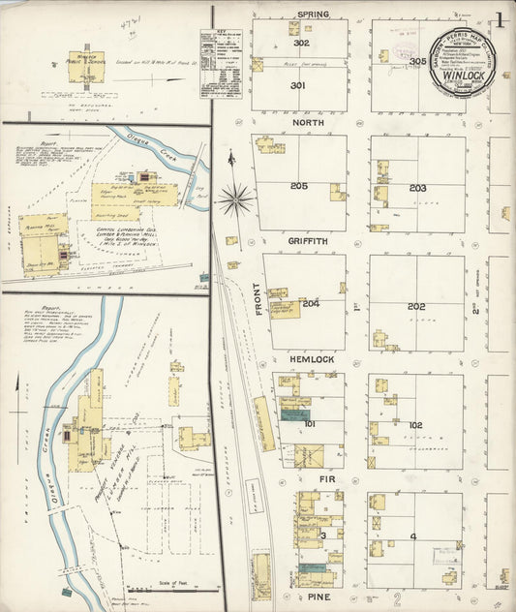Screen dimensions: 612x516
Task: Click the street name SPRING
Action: point(313,15)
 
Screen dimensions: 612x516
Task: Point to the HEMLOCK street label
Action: point(312,360)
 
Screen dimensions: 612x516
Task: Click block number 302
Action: point(301,44)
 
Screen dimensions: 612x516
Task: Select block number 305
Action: point(417,61)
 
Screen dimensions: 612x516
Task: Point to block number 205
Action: point(299,185)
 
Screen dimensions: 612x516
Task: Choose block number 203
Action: point(417,188)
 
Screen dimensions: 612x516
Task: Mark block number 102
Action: point(415,424)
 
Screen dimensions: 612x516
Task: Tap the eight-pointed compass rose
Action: point(233,199)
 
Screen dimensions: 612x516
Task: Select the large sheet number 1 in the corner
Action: point(501,18)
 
